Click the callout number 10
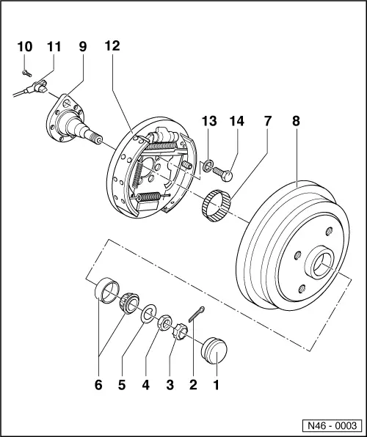click(25, 46)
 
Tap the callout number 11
click(53, 46)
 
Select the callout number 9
click(81, 46)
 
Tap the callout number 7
click(267, 121)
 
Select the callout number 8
click(296, 121)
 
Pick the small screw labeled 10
click(25, 71)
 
